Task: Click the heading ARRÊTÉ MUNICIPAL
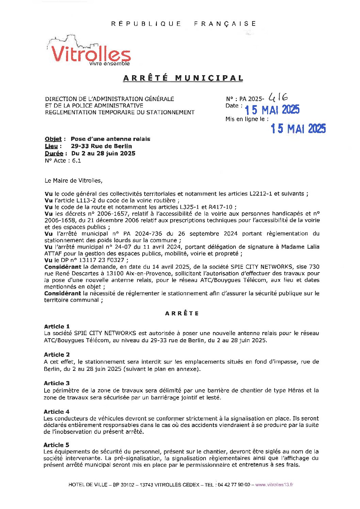pyautogui.click(x=183, y=78)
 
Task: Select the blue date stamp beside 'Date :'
pyautogui.click(x=272, y=110)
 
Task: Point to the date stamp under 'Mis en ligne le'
pyautogui.click(x=298, y=129)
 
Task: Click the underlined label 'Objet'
pyautogui.click(x=53, y=139)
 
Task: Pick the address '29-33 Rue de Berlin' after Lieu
pyautogui.click(x=101, y=146)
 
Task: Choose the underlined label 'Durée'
pyautogui.click(x=54, y=153)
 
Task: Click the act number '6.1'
pyautogui.click(x=77, y=161)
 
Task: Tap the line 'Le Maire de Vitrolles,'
pyautogui.click(x=73, y=180)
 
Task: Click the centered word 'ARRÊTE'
pyautogui.click(x=182, y=313)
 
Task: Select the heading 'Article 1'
pyautogui.click(x=56, y=326)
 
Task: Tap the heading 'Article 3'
pyautogui.click(x=56, y=383)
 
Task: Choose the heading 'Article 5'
pyautogui.click(x=56, y=445)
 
